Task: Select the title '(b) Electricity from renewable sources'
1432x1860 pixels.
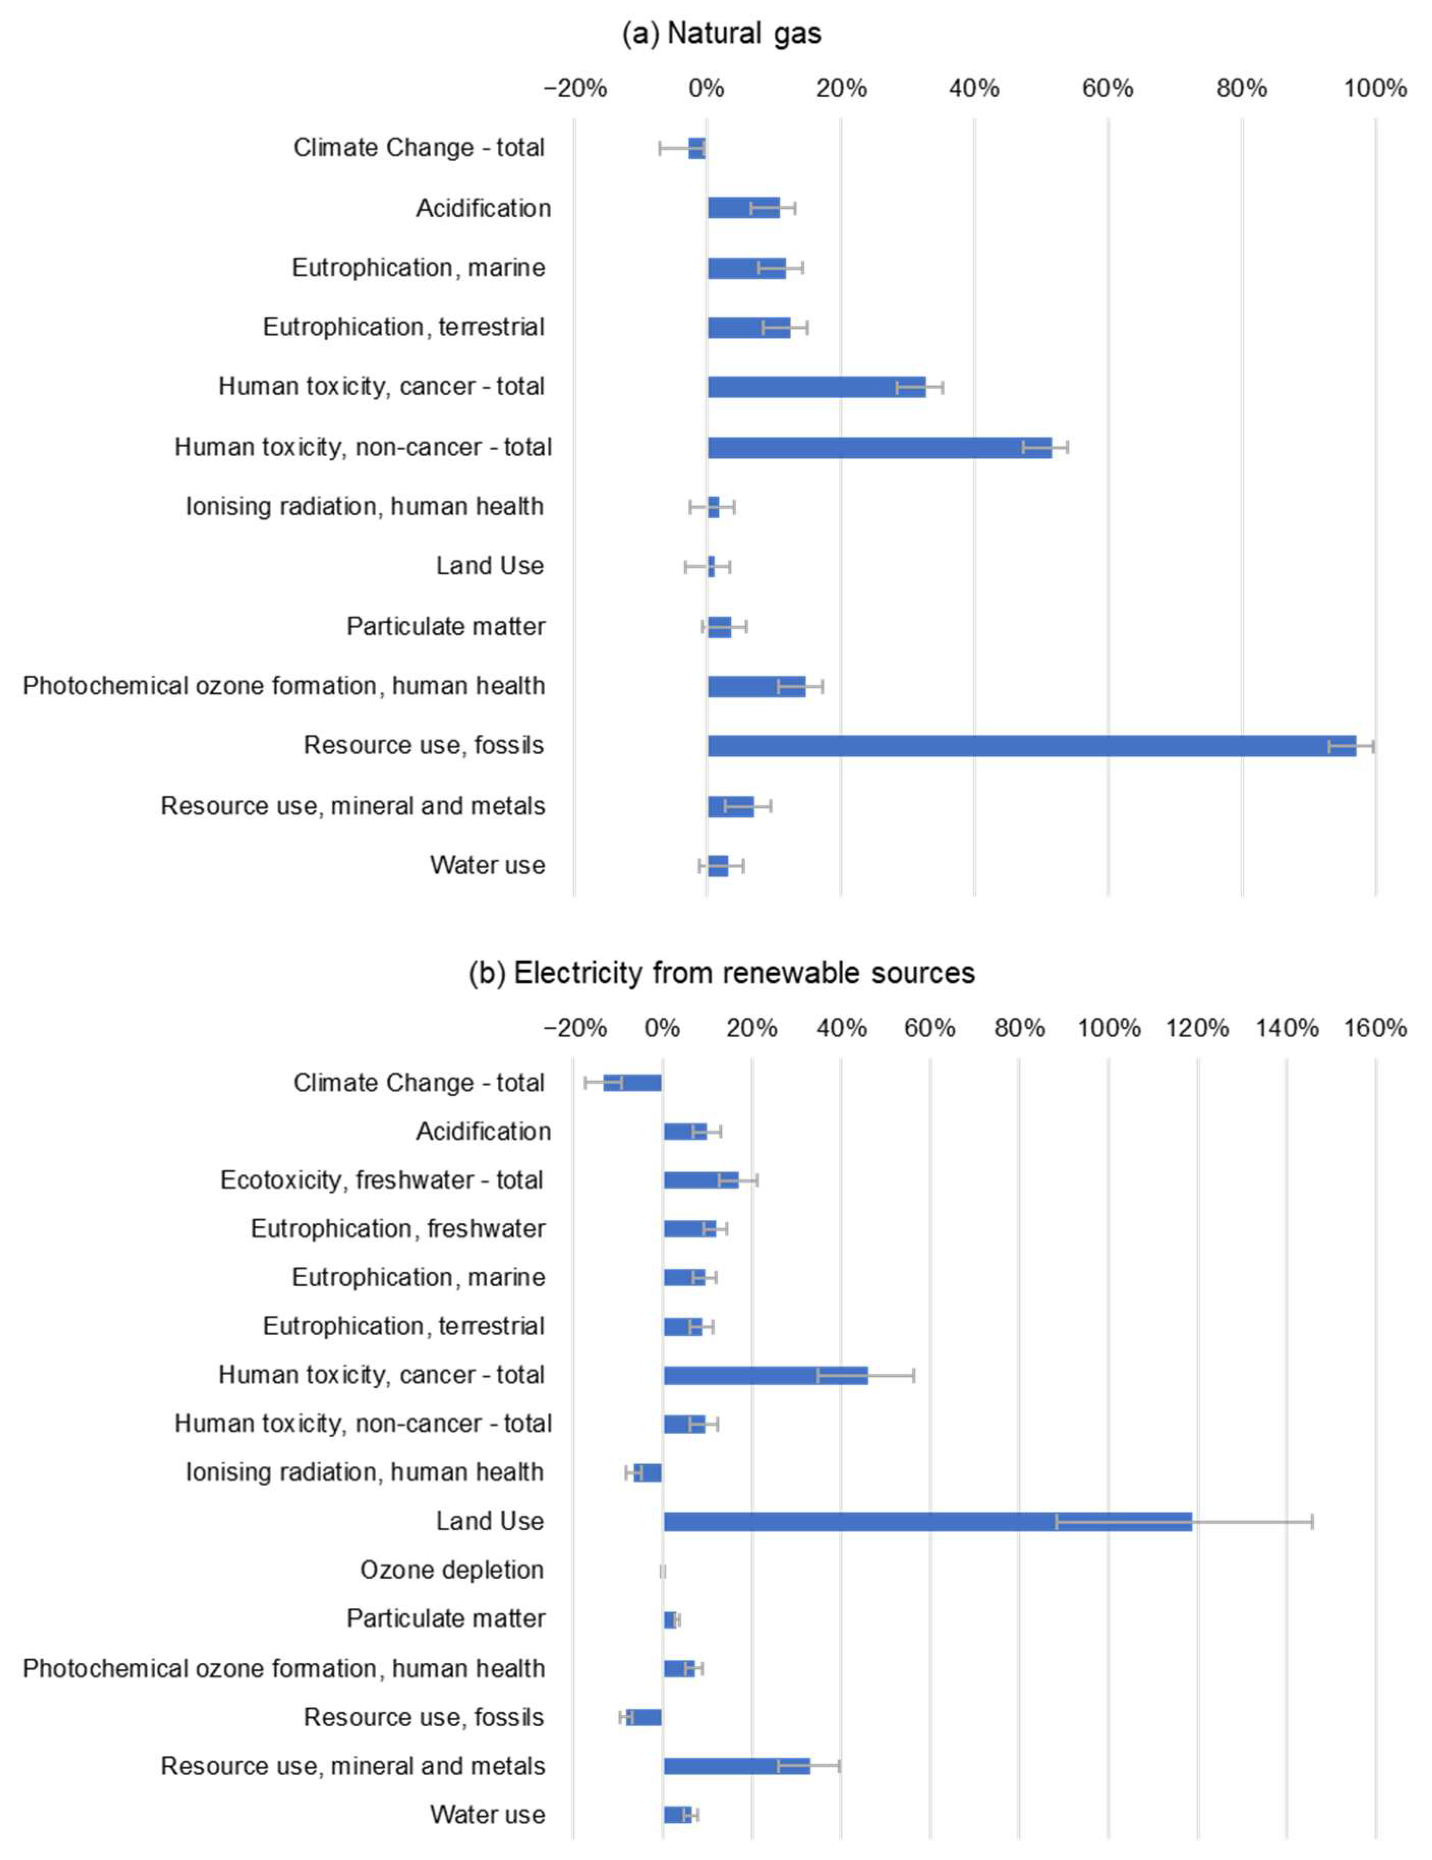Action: click(x=721, y=972)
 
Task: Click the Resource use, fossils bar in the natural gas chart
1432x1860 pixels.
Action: click(x=1031, y=746)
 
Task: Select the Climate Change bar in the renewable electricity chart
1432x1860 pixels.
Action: click(x=632, y=1082)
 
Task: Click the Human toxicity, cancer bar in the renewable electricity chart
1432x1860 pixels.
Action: click(x=765, y=1375)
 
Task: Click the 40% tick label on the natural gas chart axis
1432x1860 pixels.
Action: click(x=974, y=88)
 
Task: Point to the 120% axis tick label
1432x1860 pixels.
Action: click(x=1197, y=1028)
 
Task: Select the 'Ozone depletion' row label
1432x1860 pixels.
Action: click(x=452, y=1570)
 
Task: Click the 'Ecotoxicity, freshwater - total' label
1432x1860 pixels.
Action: click(x=382, y=1179)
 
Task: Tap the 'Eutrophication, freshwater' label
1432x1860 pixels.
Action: click(x=398, y=1228)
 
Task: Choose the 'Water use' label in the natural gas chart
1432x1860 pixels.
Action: click(x=487, y=865)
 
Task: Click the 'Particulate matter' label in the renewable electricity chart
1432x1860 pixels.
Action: click(x=446, y=1618)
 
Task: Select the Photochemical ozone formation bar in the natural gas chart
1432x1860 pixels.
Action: click(x=755, y=687)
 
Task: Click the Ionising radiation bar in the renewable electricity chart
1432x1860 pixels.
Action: click(x=648, y=1472)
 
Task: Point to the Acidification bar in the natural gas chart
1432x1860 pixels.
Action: click(x=743, y=208)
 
